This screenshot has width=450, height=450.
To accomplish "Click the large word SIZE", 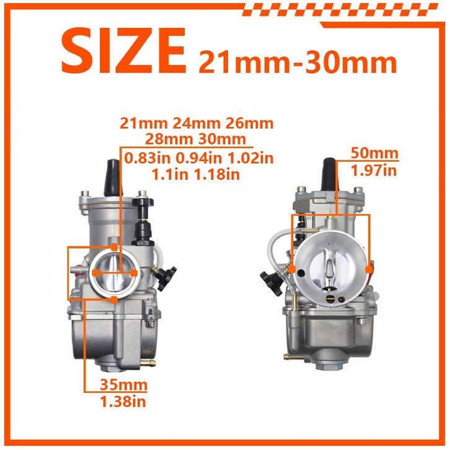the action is pyautogui.click(x=124, y=51).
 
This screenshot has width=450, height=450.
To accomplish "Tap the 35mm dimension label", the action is pyautogui.click(x=123, y=384).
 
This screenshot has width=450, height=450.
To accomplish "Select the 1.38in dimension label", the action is pyautogui.click(x=123, y=402).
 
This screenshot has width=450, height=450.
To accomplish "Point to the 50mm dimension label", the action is pyautogui.click(x=375, y=153).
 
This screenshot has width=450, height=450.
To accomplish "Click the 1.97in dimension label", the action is pyautogui.click(x=374, y=170).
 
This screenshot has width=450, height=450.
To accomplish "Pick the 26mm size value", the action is pyautogui.click(x=249, y=123).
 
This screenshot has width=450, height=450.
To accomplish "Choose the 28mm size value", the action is pyautogui.click(x=169, y=139).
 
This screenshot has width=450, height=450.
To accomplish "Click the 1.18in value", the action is pyautogui.click(x=217, y=174).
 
